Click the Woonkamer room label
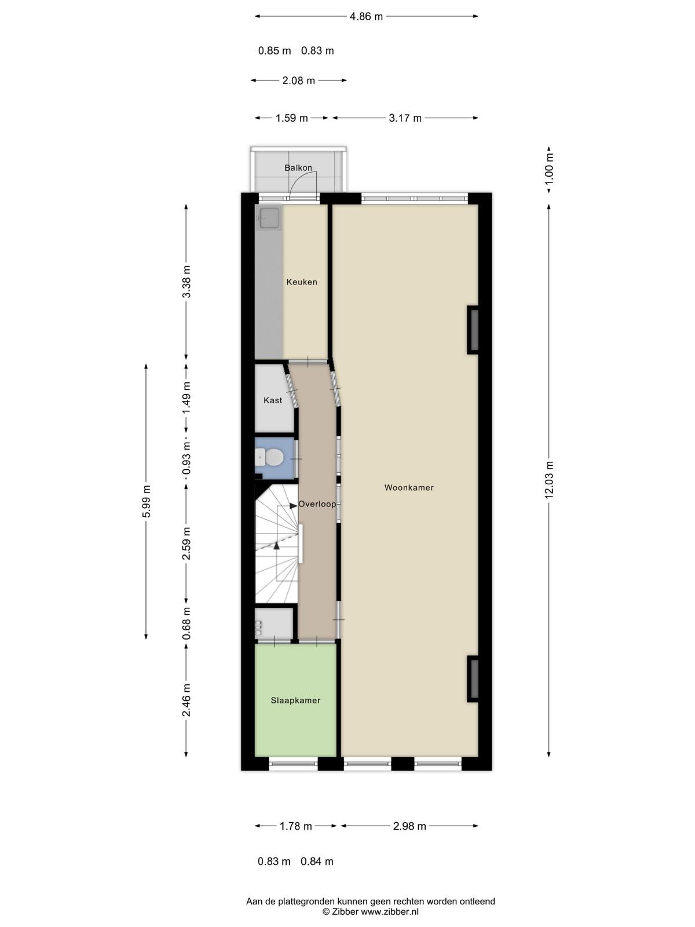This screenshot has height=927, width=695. [408, 487]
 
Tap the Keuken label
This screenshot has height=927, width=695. [302, 282]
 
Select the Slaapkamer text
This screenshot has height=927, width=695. [295, 700]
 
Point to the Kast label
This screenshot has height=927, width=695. [273, 400]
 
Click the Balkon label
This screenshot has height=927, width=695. [298, 167]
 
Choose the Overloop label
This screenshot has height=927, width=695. [317, 504]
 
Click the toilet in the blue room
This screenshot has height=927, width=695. [269, 457]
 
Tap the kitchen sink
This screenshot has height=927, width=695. [269, 218]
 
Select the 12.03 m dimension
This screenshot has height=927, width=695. [549, 480]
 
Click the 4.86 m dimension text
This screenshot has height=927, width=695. [366, 16]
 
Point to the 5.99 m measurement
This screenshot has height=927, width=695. [146, 501]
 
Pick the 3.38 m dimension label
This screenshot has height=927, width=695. [186, 282]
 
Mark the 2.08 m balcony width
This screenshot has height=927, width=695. [298, 80]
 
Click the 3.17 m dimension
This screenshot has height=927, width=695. [405, 118]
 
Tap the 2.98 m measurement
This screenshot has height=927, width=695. [409, 826]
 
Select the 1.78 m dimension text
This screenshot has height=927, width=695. [296, 826]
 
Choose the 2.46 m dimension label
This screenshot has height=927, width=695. [186, 700]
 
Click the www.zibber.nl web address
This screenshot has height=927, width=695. [390, 911]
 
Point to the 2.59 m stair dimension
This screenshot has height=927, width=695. [186, 543]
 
